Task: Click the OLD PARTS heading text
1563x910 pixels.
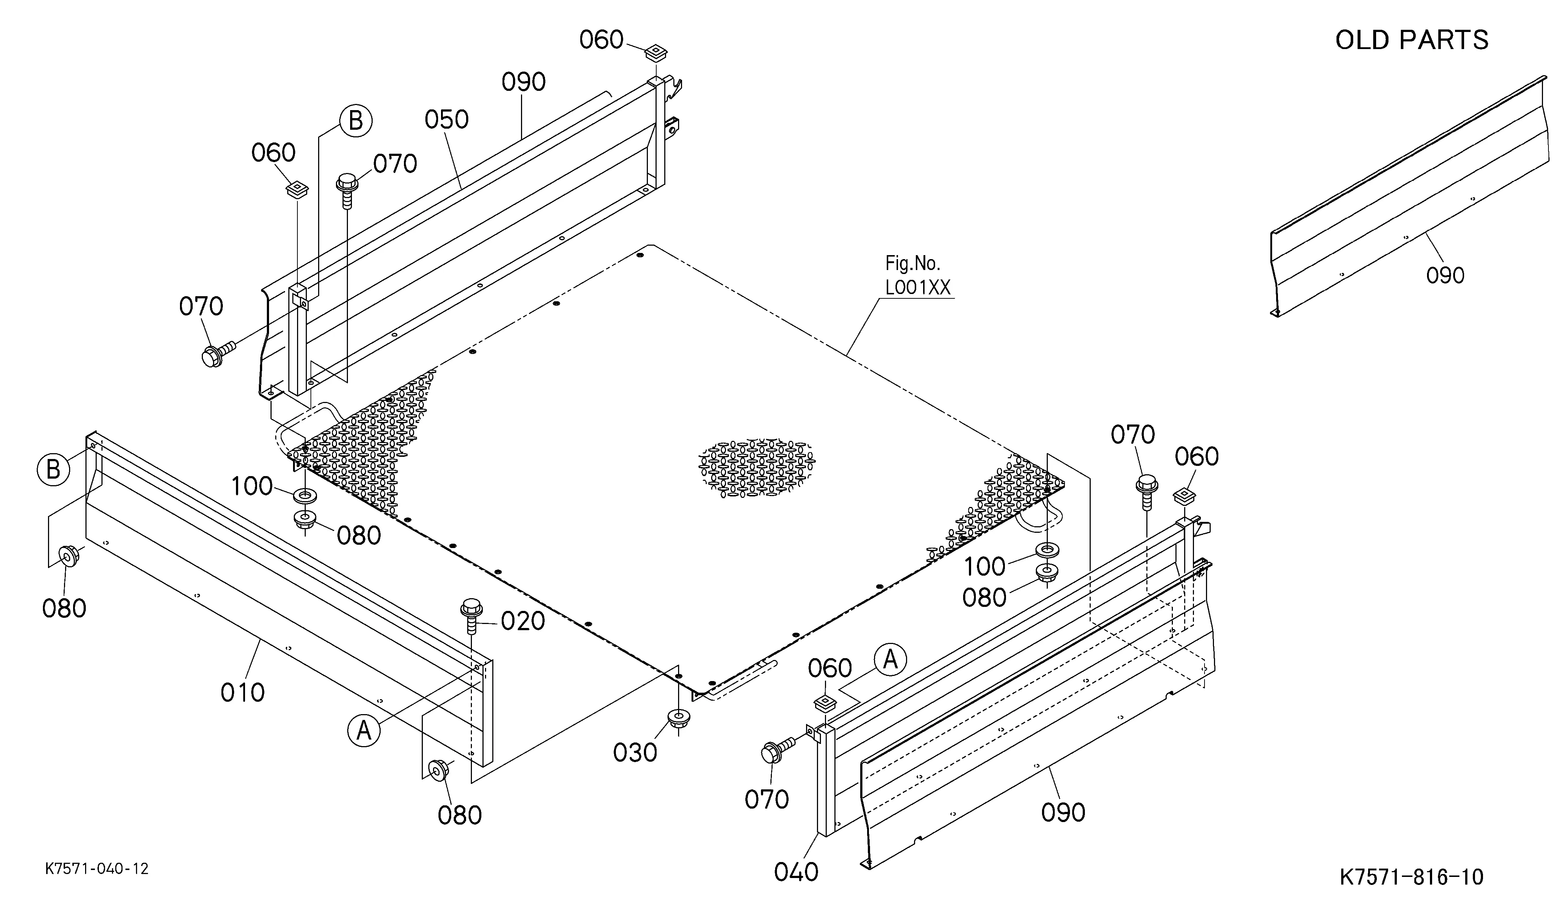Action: (1412, 40)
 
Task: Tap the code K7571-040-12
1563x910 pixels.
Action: (97, 869)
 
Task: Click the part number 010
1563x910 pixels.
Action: (243, 692)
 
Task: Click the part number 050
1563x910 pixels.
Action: (446, 120)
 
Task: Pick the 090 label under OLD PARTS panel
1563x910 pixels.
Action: (1445, 275)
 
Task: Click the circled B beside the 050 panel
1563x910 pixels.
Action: (356, 121)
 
